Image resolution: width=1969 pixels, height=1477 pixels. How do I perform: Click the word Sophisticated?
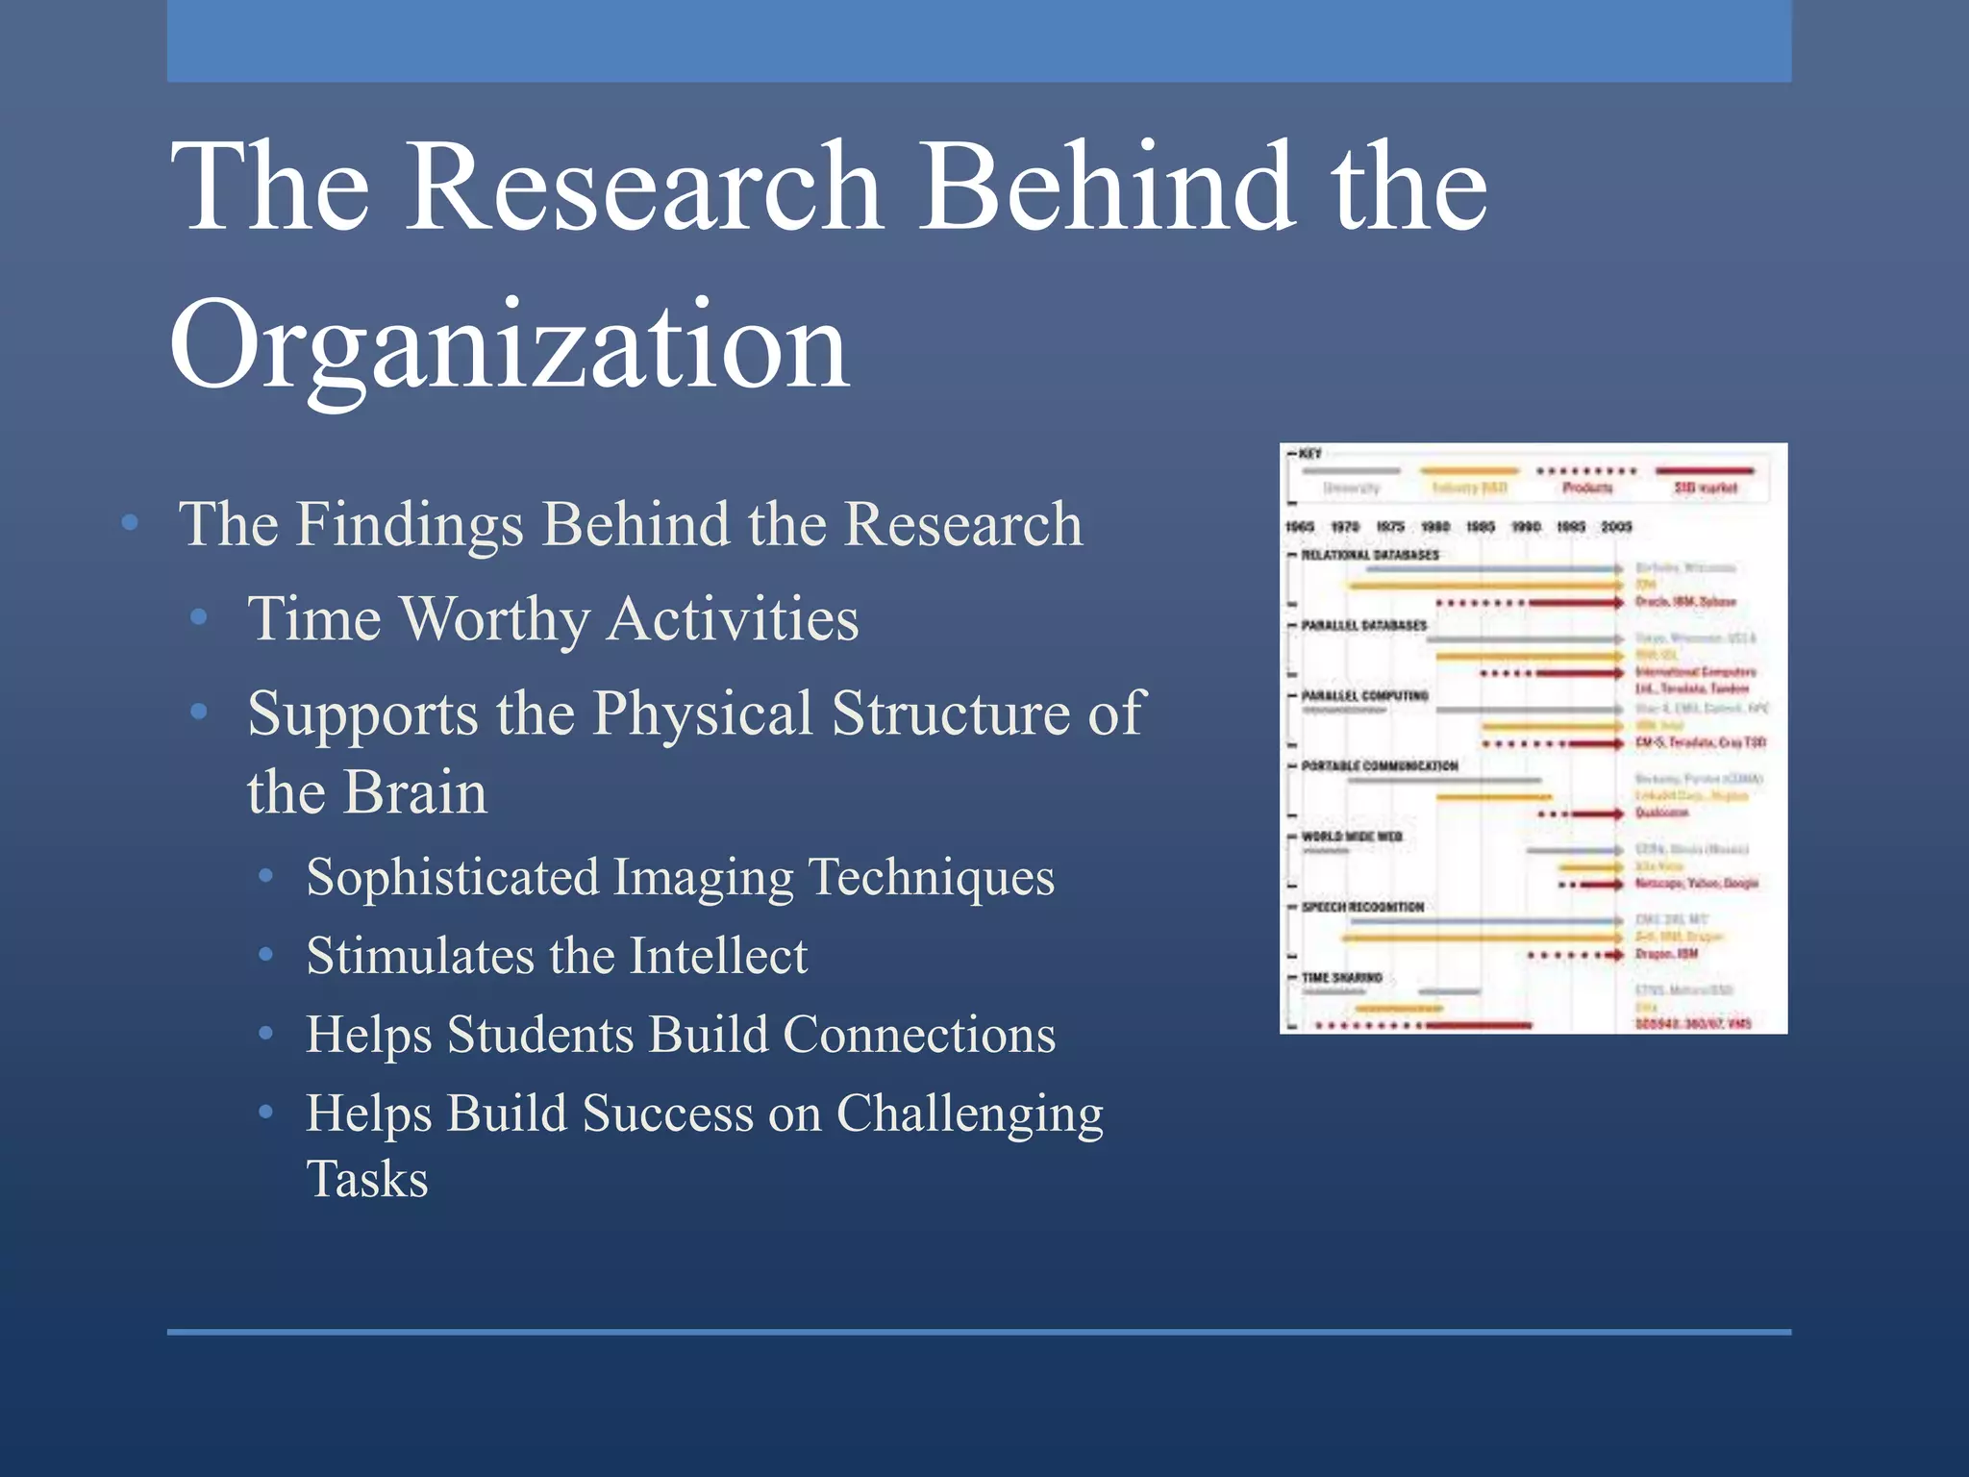click(453, 878)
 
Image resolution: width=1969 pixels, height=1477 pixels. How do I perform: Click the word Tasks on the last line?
click(367, 1180)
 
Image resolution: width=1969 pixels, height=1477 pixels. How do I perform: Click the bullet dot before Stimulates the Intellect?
click(266, 955)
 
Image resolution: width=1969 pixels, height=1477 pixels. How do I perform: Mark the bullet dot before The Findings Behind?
click(131, 523)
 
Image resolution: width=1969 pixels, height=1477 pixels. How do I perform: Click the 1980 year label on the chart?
click(1435, 527)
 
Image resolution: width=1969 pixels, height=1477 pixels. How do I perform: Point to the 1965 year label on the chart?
click(1300, 527)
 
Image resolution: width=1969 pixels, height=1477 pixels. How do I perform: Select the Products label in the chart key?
click(1587, 488)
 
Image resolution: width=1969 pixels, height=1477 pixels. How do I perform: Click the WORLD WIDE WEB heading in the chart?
click(1352, 837)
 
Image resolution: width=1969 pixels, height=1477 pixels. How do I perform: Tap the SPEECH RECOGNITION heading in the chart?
click(1362, 907)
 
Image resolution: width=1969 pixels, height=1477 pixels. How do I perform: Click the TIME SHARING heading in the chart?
click(1341, 978)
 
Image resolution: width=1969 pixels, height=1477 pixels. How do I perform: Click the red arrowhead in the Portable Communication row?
click(1619, 814)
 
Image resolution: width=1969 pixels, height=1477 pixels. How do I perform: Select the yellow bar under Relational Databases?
click(1481, 585)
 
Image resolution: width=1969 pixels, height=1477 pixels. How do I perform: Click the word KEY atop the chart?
click(1309, 454)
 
